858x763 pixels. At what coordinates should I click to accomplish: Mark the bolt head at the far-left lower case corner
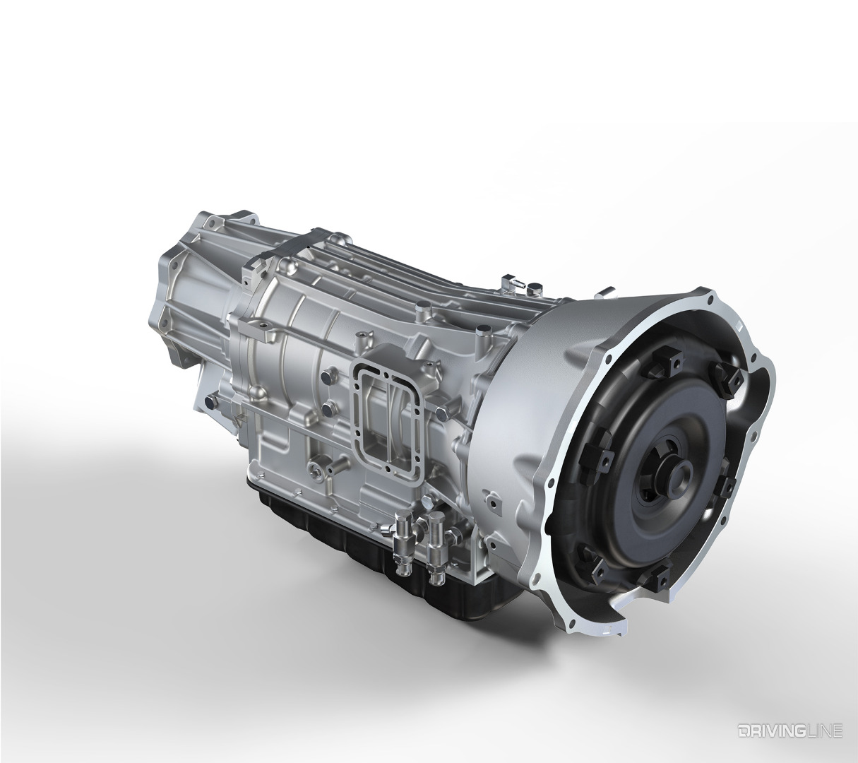click(x=209, y=403)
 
